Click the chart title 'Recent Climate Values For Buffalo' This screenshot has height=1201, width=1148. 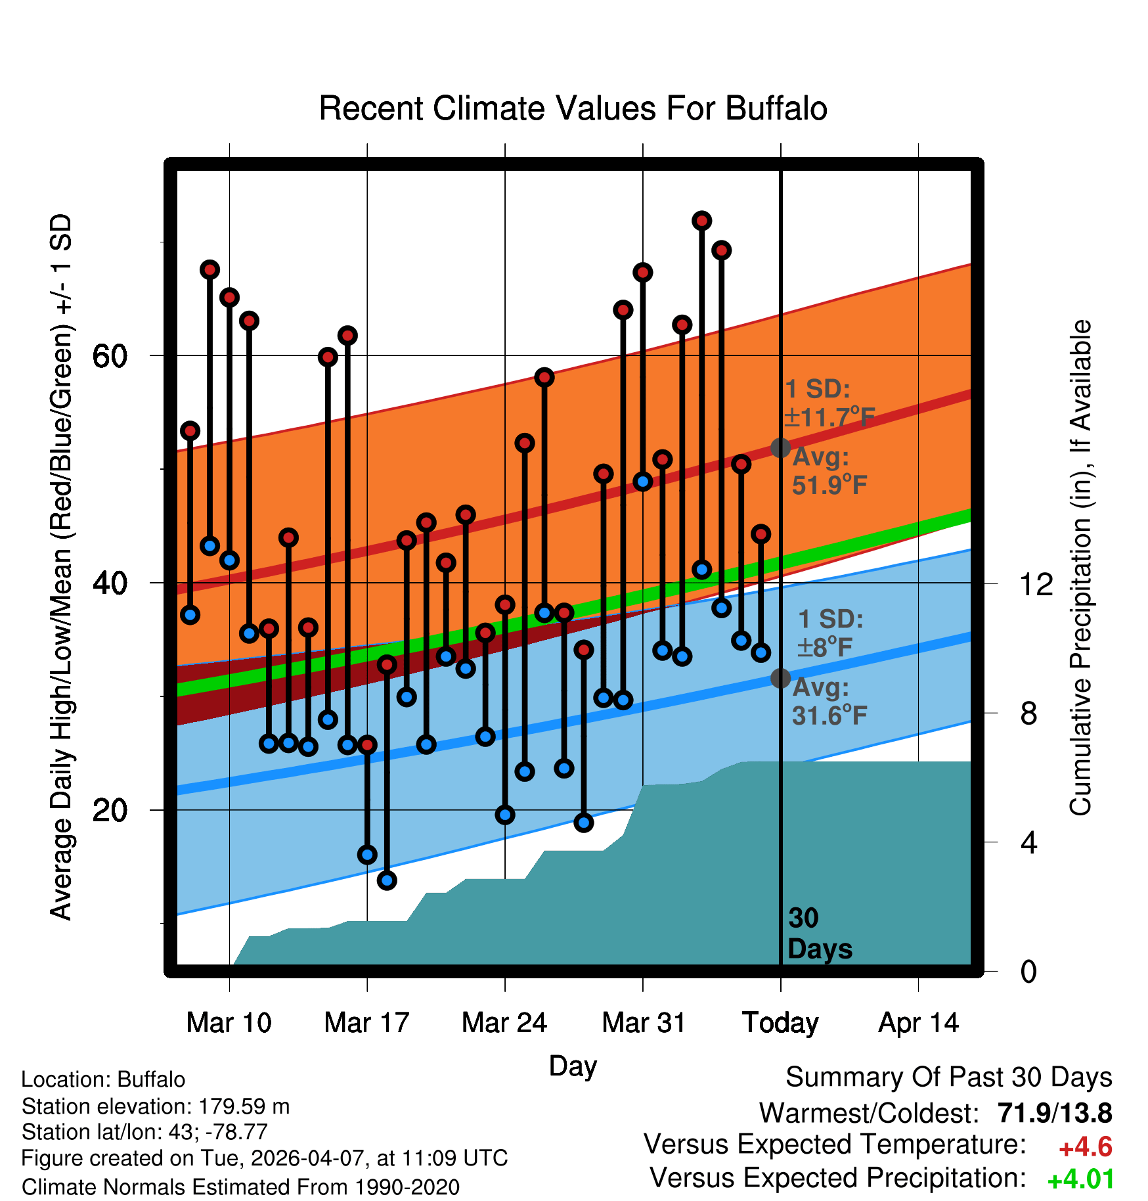[x=573, y=108]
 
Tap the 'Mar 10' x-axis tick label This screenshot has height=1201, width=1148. [x=229, y=1022]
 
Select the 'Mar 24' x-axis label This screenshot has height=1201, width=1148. [x=504, y=1022]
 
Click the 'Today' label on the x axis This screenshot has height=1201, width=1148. [x=780, y=1024]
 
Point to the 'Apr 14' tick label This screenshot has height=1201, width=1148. [x=919, y=1024]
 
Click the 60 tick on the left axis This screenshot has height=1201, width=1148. [x=110, y=357]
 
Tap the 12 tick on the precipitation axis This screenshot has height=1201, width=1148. [x=1036, y=583]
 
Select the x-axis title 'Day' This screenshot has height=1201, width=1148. [x=573, y=1066]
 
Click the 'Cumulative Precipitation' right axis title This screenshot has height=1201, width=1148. [x=1080, y=568]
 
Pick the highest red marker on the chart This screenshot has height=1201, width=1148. [x=702, y=221]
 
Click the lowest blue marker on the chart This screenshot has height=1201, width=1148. [x=387, y=880]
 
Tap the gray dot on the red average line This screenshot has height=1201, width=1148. [x=780, y=448]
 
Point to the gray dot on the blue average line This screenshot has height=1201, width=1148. [x=780, y=678]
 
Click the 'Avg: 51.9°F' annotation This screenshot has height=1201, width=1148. [x=829, y=471]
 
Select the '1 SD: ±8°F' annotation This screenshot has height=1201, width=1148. [x=830, y=633]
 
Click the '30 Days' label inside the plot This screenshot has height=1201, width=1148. [x=820, y=934]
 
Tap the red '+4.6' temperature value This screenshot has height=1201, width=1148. [x=1086, y=1147]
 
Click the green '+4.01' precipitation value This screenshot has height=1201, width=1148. [x=1080, y=1179]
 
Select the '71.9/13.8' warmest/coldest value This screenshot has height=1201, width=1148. [x=1055, y=1113]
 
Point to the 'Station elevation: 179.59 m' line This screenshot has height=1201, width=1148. [x=156, y=1106]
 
